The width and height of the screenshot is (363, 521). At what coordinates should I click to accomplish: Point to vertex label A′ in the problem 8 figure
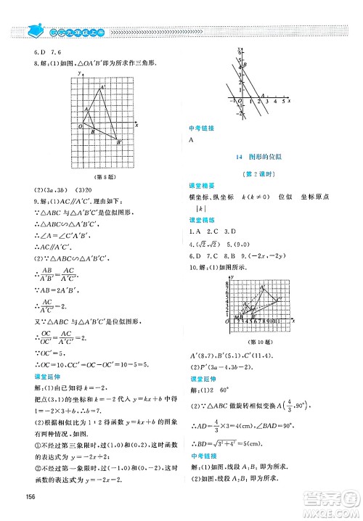[102, 87]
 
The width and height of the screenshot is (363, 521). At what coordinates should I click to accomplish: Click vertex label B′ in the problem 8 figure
[119, 143]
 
